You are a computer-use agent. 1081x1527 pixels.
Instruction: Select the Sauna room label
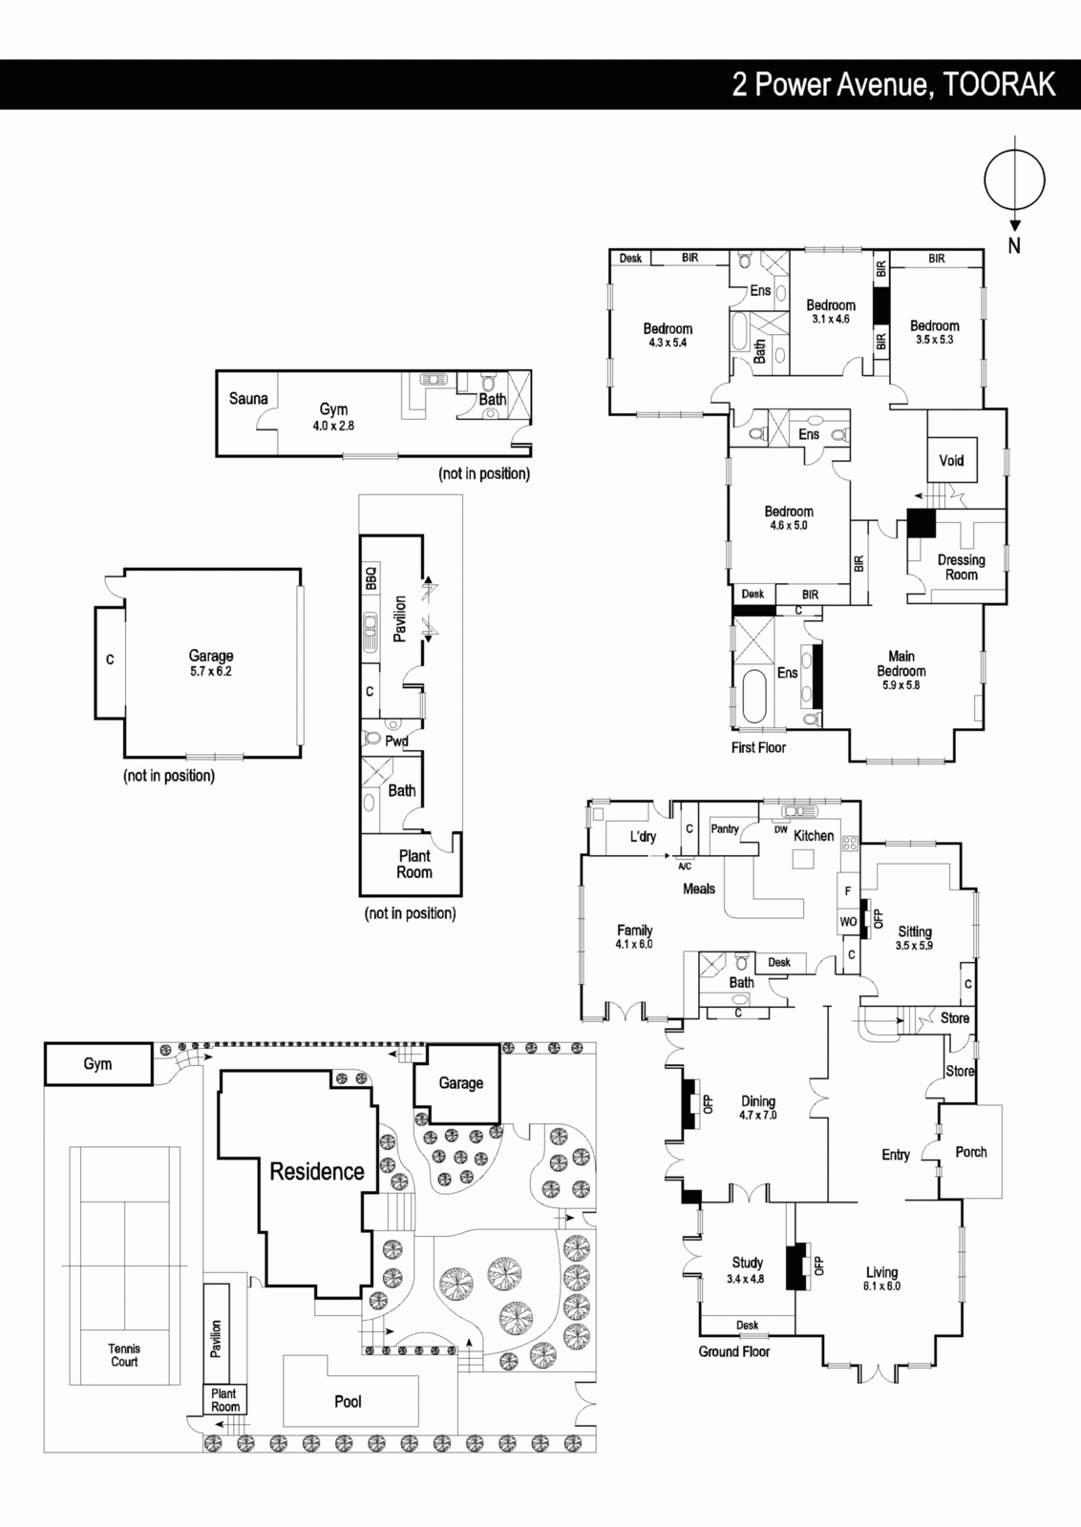click(x=248, y=398)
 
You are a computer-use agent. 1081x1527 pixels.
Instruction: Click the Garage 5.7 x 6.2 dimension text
click(x=211, y=671)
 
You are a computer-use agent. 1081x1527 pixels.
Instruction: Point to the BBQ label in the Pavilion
click(x=371, y=578)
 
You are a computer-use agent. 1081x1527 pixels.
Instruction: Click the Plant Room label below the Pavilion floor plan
click(x=414, y=864)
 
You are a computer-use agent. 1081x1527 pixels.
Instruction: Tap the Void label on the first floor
click(x=951, y=460)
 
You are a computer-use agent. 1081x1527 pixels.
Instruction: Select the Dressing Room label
click(x=961, y=567)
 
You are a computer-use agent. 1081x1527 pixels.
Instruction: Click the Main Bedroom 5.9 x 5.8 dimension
click(x=901, y=685)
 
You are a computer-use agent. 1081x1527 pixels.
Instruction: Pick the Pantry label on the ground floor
click(x=724, y=829)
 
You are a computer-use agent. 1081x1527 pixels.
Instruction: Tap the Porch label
click(x=971, y=1152)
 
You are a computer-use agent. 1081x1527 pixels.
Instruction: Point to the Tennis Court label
click(x=124, y=1355)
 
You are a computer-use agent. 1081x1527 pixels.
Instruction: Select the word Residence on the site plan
click(x=317, y=1171)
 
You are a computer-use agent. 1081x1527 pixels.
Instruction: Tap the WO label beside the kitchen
click(x=848, y=922)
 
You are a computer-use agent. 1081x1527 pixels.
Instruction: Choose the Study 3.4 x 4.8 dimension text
click(x=746, y=1279)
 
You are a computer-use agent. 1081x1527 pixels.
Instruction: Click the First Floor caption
click(x=758, y=748)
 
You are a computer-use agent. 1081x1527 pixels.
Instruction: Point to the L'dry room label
click(x=643, y=836)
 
